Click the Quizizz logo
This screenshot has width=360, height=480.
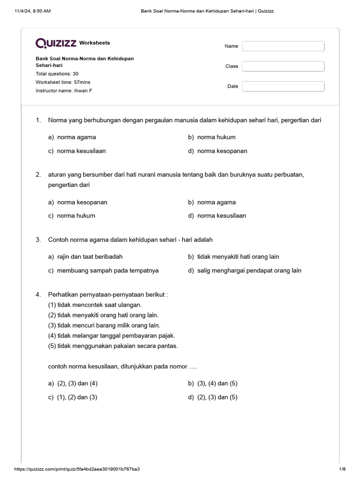point(56,43)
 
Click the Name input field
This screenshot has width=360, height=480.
point(283,46)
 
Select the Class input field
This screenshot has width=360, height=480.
point(283,66)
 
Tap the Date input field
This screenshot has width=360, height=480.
point(283,86)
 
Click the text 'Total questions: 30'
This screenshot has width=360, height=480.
point(57,74)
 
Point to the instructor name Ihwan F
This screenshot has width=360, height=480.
point(64,90)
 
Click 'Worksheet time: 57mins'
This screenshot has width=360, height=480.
point(63,82)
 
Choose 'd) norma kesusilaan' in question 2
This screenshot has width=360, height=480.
point(217,216)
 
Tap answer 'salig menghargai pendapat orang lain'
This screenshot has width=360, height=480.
point(245,270)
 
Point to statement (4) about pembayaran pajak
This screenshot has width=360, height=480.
point(112,336)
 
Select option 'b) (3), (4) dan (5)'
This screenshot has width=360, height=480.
point(213,383)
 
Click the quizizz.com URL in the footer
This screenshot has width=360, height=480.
point(77,469)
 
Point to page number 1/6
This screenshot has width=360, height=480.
point(342,469)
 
